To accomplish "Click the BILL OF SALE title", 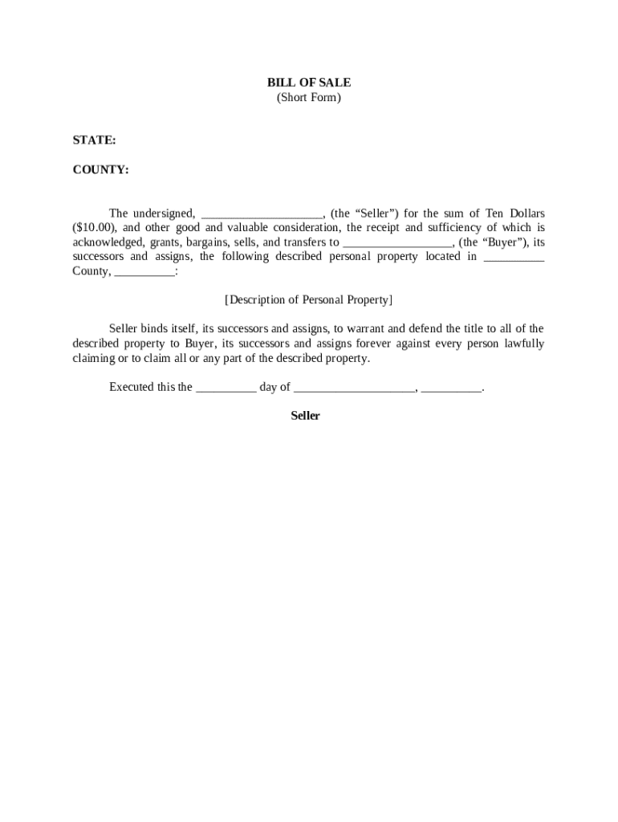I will [309, 83].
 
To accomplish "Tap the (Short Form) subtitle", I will [309, 98].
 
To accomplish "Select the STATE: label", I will [94, 140].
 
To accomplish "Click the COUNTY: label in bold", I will [100, 170].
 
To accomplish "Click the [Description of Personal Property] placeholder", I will [309, 300].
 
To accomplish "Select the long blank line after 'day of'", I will [355, 389].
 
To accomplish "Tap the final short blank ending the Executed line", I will [451, 389].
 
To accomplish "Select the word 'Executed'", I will [132, 387].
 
